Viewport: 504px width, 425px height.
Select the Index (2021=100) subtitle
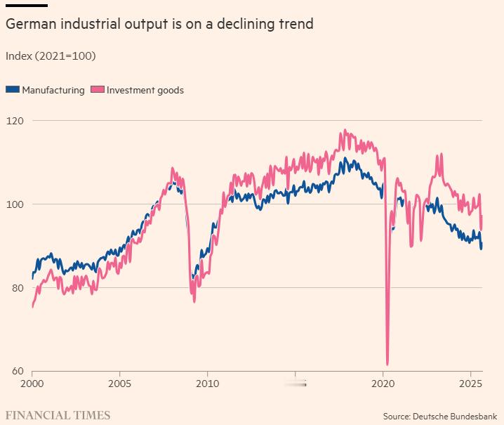(x=50, y=55)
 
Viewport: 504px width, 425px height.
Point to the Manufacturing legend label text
(x=53, y=90)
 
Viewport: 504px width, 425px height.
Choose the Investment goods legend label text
(x=145, y=90)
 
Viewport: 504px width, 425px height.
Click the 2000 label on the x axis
(x=32, y=385)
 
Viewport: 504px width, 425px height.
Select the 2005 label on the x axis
(x=119, y=385)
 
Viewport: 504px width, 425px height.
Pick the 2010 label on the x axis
(x=207, y=385)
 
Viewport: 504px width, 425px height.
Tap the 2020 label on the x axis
(x=383, y=385)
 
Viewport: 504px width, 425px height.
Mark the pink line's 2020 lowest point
(x=387, y=363)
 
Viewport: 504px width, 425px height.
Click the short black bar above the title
(x=26, y=5)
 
